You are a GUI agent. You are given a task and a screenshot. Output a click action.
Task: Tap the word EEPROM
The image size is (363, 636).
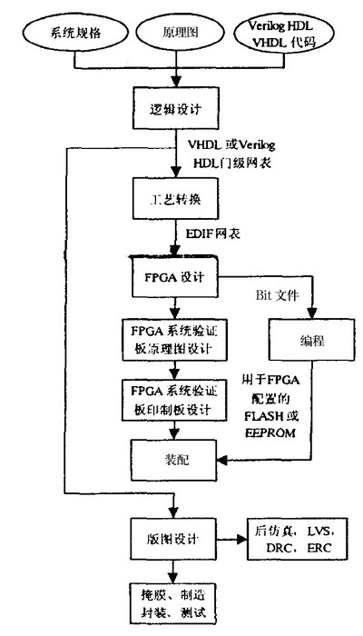click(270, 434)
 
